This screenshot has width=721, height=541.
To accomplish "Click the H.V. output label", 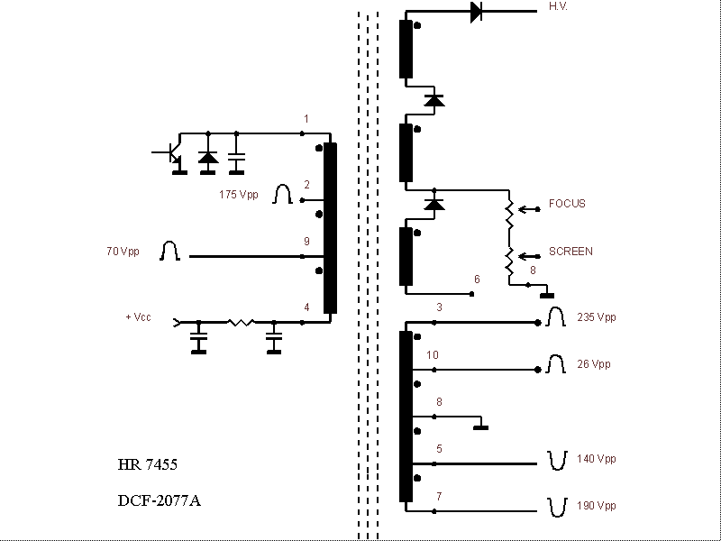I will point(558,7).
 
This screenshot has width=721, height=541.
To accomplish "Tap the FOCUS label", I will point(567,204).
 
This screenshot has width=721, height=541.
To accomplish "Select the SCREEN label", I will point(570,252).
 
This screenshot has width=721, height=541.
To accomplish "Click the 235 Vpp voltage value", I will point(596,317).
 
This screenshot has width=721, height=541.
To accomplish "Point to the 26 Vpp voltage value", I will point(593,364).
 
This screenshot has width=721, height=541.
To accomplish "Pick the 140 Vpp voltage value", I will point(596,459).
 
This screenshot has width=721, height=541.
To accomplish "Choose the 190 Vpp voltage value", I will point(596,506).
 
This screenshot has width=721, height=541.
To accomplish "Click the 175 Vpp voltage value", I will point(238,195).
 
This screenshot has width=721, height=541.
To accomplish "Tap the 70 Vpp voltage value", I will point(123,252).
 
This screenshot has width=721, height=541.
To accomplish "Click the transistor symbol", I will point(172,154).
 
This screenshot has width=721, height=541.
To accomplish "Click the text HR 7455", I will point(147,466).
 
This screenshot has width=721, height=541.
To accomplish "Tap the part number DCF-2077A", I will point(159,500).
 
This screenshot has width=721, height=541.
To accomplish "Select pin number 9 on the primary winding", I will point(306,242).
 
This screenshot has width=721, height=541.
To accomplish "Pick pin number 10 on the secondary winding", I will point(433,355).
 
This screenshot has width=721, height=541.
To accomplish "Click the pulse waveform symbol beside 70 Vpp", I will point(169,252).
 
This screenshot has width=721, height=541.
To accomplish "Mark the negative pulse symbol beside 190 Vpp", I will point(556,507).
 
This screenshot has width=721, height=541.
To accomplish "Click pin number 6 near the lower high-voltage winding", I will point(477,280).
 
